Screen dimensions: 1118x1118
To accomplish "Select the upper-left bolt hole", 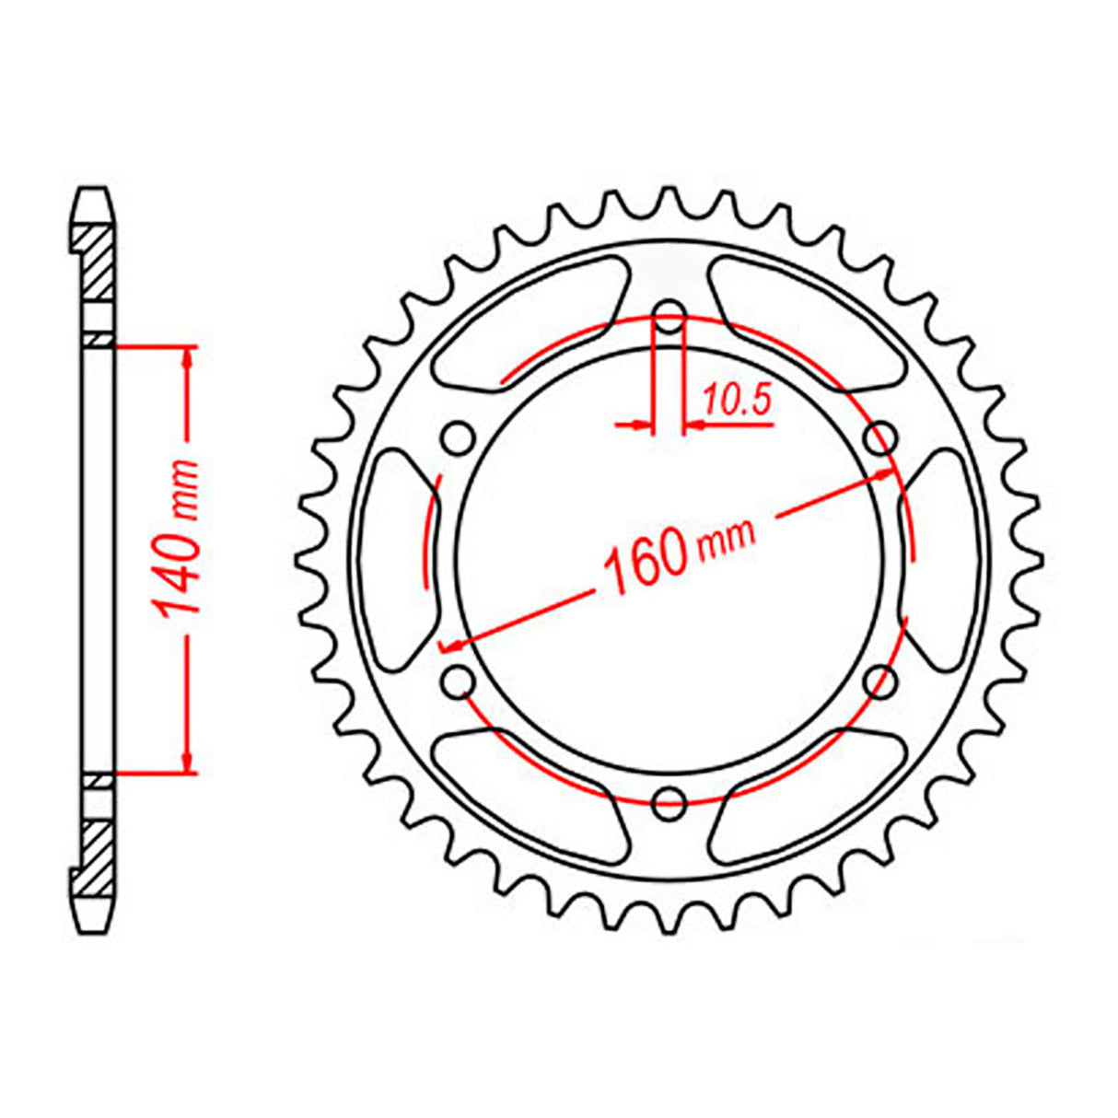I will click(x=458, y=439).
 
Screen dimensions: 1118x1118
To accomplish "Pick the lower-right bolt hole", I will click(x=881, y=681).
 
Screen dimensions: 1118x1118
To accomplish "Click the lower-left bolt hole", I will click(x=458, y=681).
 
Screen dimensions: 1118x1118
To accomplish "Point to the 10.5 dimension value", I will click(x=737, y=401).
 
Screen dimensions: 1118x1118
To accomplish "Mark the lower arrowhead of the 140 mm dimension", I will click(x=189, y=759).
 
